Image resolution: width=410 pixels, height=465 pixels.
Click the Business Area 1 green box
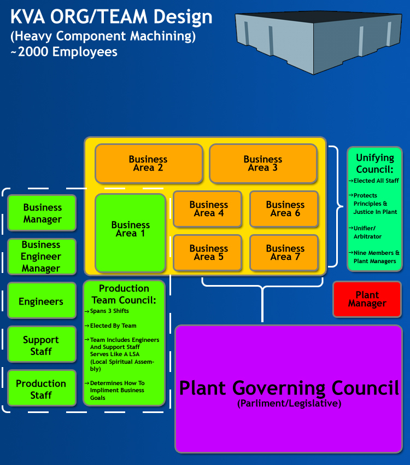[x=130, y=233]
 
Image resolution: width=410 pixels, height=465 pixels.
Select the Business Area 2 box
[x=149, y=164]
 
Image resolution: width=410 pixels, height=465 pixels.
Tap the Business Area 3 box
[x=263, y=164]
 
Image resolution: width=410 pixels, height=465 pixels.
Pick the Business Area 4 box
[x=208, y=209]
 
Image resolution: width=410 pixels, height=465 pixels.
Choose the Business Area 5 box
[x=208, y=253]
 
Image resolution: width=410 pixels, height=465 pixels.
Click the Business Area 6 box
[x=284, y=209]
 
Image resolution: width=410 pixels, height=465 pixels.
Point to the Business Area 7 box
[x=284, y=253]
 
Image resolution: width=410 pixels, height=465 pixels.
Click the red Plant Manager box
[x=367, y=299]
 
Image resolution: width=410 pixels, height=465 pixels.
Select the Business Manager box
[x=42, y=213]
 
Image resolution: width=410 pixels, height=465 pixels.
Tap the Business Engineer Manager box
[x=42, y=257]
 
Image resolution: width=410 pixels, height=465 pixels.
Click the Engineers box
[x=42, y=301]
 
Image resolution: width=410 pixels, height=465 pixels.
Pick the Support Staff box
[x=42, y=345]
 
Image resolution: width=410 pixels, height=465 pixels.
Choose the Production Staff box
[x=42, y=389]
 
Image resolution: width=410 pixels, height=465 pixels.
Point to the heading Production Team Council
[x=124, y=294]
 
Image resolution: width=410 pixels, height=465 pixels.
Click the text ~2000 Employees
[x=64, y=52]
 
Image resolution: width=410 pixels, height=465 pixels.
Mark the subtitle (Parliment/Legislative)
[x=289, y=404]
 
